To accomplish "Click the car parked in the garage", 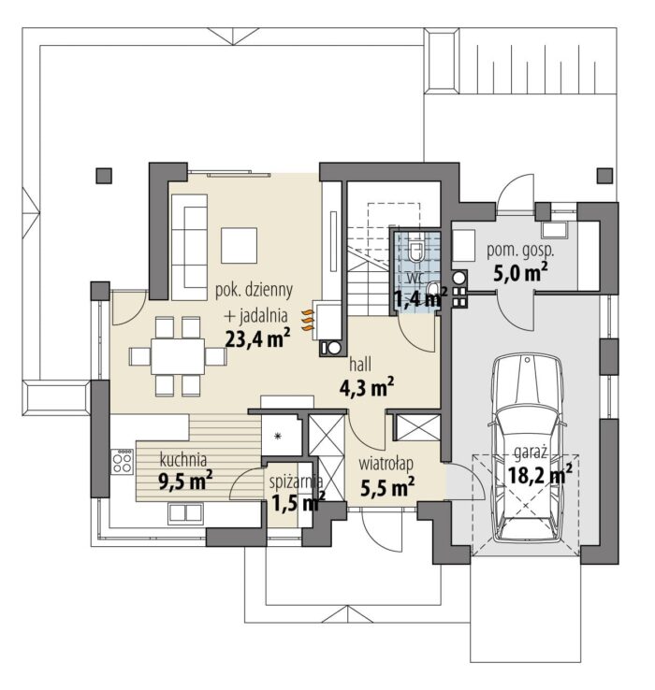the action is [x=527, y=447].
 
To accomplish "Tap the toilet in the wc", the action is [x=415, y=252].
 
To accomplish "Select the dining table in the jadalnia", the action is [x=178, y=356].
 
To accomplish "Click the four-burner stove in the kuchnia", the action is [x=122, y=461].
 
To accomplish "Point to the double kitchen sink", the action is [x=185, y=514].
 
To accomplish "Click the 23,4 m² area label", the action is [x=257, y=338].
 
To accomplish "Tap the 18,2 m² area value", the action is [x=540, y=475].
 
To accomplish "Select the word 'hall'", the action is [x=360, y=365].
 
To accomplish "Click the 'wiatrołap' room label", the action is [x=386, y=465].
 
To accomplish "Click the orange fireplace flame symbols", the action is [x=309, y=320].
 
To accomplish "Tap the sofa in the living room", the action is [x=189, y=247].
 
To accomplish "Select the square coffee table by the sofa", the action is [x=239, y=246].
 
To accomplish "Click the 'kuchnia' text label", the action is [x=182, y=460].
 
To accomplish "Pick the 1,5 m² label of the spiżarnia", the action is [x=298, y=502].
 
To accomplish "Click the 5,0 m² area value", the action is [x=520, y=273].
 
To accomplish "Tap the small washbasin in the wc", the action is [x=433, y=288].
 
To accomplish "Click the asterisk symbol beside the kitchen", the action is [x=278, y=436].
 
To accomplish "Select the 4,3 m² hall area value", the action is [x=367, y=388].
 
